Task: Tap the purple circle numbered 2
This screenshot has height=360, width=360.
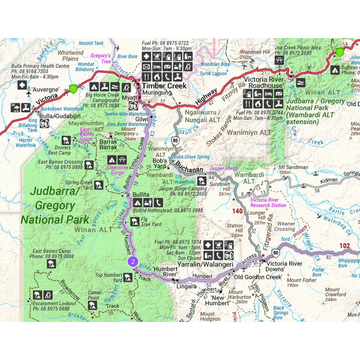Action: point(133,261)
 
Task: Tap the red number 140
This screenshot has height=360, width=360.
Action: point(237,211)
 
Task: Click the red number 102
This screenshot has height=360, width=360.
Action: point(344,246)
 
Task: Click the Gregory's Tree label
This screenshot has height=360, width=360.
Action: point(100,58)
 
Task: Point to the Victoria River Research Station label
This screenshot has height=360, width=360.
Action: point(268,202)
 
